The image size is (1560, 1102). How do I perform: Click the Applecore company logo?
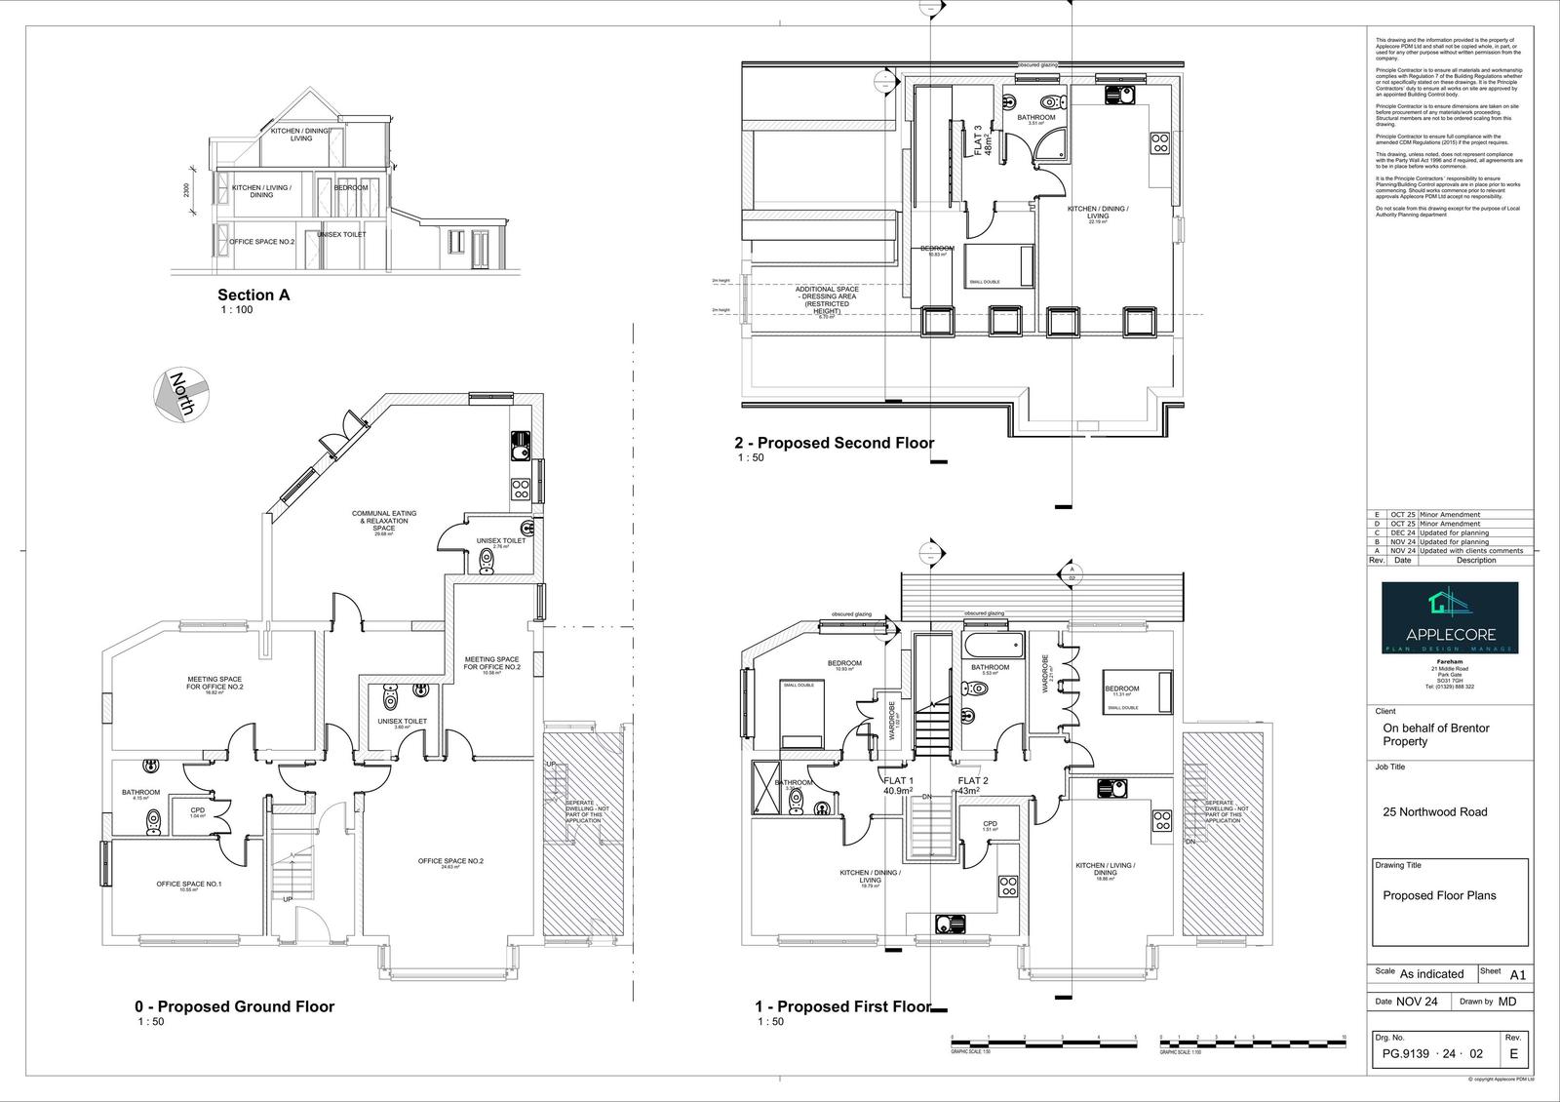click(x=1449, y=618)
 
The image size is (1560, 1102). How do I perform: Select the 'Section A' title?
click(x=253, y=295)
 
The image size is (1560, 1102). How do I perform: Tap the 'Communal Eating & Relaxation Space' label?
click(x=384, y=521)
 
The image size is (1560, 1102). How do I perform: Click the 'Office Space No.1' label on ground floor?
click(x=189, y=885)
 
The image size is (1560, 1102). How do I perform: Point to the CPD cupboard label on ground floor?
click(x=198, y=810)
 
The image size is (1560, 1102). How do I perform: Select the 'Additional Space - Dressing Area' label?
click(x=826, y=300)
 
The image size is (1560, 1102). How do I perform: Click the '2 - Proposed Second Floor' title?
click(x=834, y=443)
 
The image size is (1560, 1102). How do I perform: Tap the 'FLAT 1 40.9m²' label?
click(x=897, y=786)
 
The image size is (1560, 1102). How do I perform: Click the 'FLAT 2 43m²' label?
click(x=973, y=786)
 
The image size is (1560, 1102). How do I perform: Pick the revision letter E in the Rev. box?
click(x=1513, y=1054)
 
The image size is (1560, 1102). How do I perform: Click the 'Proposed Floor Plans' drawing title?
click(x=1439, y=895)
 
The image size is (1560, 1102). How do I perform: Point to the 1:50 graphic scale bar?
click(x=1043, y=1043)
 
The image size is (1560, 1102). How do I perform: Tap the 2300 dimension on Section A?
click(x=187, y=191)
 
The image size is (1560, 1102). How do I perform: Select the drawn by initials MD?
click(x=1507, y=1002)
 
